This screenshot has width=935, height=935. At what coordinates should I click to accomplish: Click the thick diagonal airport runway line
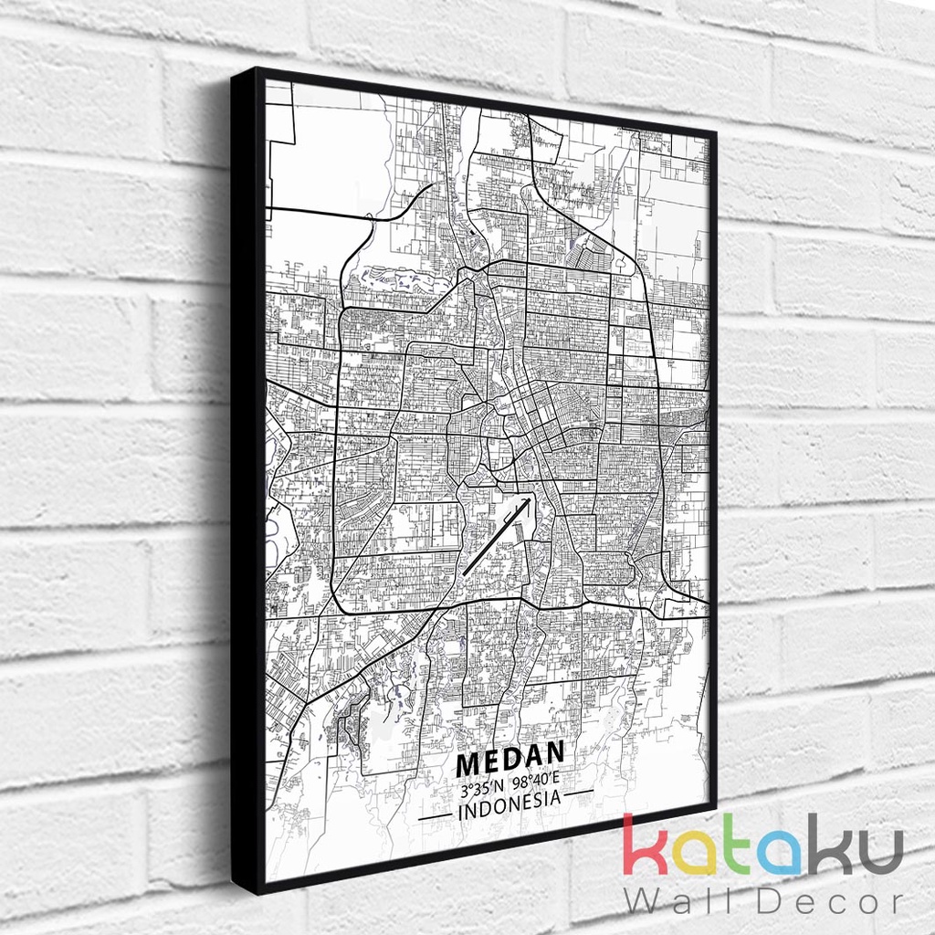tap(497, 536)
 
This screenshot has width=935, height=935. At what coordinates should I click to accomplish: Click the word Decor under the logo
tap(822, 901)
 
